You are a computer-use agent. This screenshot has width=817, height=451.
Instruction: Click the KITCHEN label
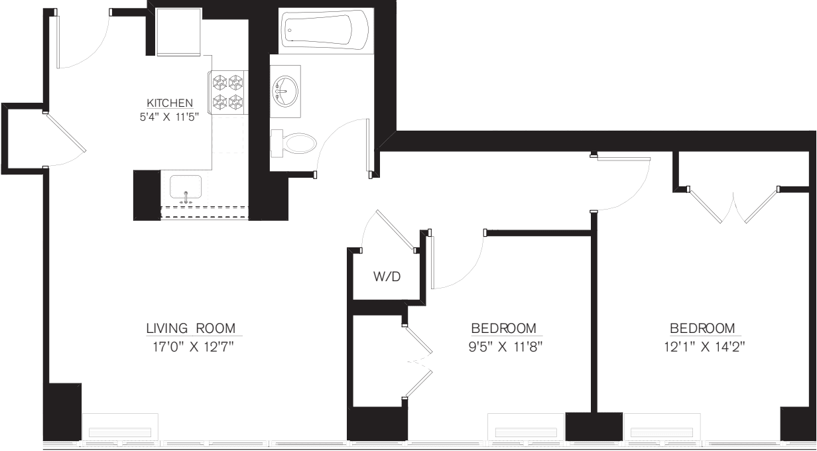170,103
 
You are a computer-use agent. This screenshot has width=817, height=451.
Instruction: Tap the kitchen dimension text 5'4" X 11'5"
170,115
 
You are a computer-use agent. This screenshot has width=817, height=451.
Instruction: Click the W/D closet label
387,277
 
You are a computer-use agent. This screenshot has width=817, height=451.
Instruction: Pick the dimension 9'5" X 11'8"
503,346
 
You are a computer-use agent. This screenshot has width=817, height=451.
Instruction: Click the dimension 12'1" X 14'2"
702,346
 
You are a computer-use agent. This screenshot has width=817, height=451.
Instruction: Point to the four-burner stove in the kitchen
227,92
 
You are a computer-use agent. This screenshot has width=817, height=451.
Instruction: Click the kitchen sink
186,188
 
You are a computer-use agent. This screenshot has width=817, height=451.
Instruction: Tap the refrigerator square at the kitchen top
178,31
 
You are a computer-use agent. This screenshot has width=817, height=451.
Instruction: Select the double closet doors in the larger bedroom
733,206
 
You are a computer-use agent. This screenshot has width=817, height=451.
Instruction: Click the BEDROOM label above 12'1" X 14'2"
702,328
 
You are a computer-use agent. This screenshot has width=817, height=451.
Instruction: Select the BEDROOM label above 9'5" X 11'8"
503,328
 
